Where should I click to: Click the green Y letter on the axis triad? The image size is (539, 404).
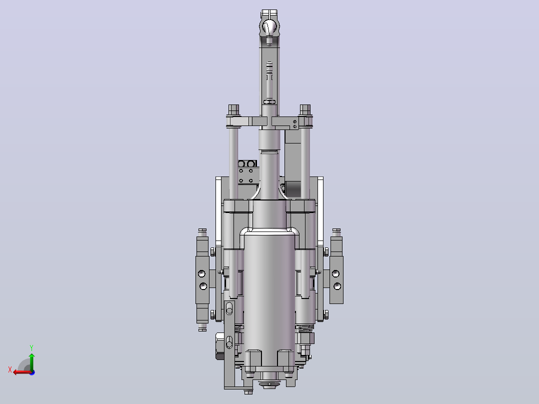click(x=31, y=347)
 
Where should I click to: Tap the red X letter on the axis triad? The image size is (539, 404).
click(x=10, y=369)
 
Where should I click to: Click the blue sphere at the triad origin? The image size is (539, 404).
click(x=32, y=372)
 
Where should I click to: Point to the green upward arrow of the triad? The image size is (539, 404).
click(x=31, y=361)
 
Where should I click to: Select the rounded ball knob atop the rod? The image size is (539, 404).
click(x=269, y=27)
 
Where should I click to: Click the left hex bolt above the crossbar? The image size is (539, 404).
click(x=233, y=110)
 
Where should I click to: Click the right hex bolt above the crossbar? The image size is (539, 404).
click(x=305, y=110)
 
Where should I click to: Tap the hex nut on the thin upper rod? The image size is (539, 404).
click(x=269, y=102)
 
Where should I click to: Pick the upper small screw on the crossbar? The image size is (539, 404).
click(x=295, y=121)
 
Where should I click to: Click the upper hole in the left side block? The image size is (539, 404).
click(x=202, y=273)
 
